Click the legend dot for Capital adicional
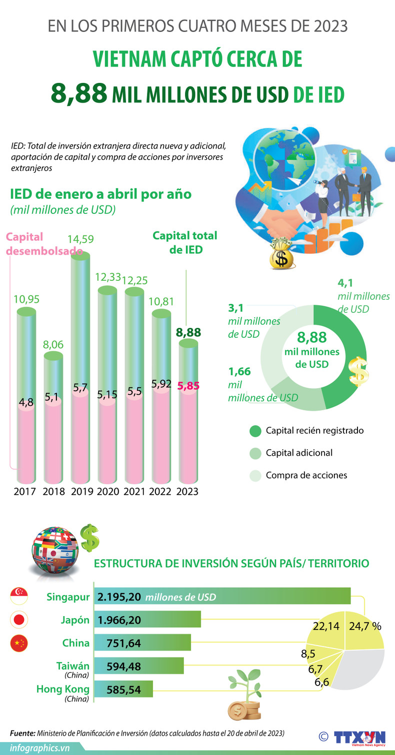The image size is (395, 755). [x=255, y=453]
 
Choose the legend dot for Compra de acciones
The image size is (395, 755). [x=255, y=476]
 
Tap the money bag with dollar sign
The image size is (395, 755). [x=281, y=254]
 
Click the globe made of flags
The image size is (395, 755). [x=55, y=549]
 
